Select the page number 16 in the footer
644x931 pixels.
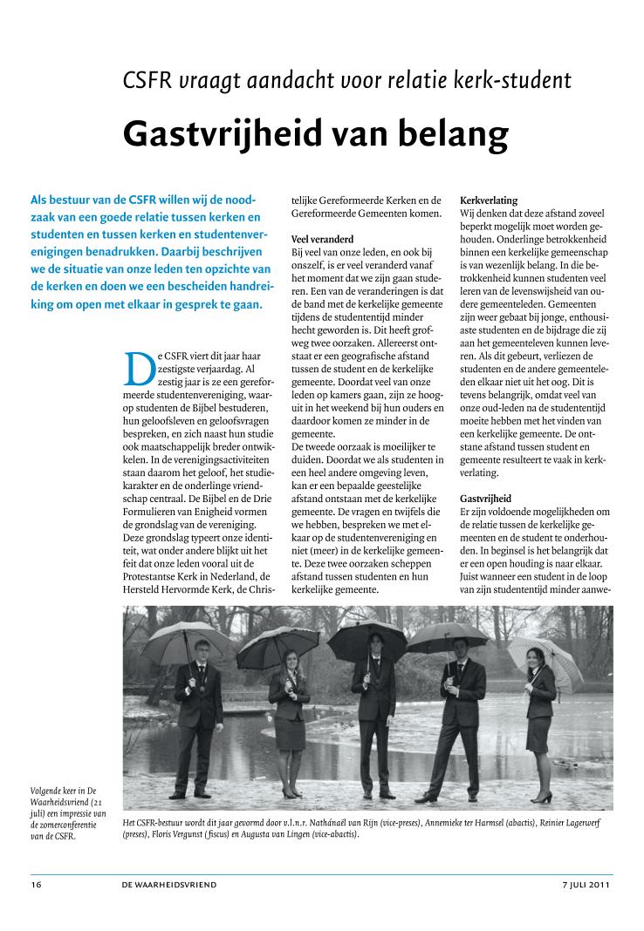pyautogui.click(x=36, y=885)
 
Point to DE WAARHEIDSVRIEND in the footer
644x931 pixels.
pyautogui.click(x=169, y=885)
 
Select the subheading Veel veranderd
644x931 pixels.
pyautogui.click(x=321, y=238)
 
